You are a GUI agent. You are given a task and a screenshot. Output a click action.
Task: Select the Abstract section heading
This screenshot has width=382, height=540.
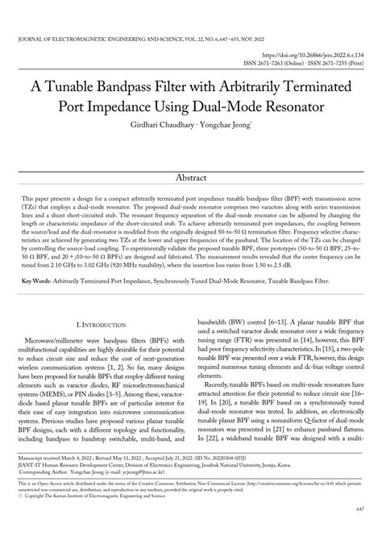pyautogui.click(x=191, y=177)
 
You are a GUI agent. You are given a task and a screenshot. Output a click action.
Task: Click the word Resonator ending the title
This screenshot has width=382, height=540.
pyautogui.click(x=304, y=106)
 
